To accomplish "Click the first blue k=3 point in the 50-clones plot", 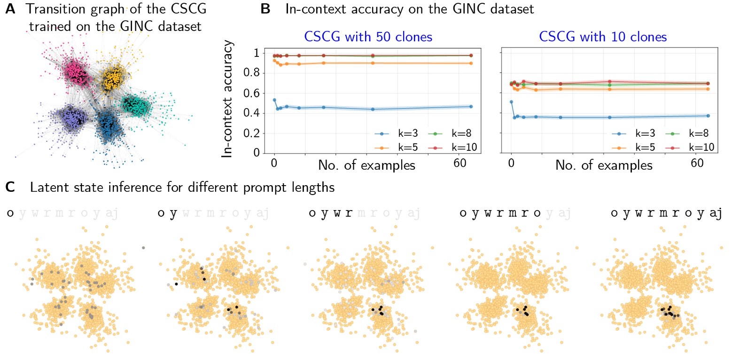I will coord(274,100).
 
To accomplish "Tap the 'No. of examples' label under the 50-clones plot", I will coord(366,165).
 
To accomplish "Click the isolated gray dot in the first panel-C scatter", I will coord(143,248).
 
